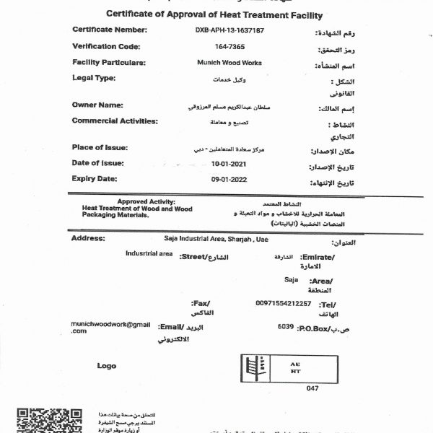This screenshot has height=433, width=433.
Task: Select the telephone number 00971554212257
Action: [x=284, y=303]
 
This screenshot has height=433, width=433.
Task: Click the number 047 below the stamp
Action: [x=312, y=388]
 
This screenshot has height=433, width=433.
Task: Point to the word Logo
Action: [x=107, y=366]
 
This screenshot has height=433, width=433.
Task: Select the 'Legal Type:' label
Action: [x=95, y=78]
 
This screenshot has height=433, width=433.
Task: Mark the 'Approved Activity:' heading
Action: [x=146, y=202]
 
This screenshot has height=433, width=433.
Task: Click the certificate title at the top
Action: [x=214, y=14]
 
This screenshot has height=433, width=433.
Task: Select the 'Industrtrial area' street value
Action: [x=149, y=254]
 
